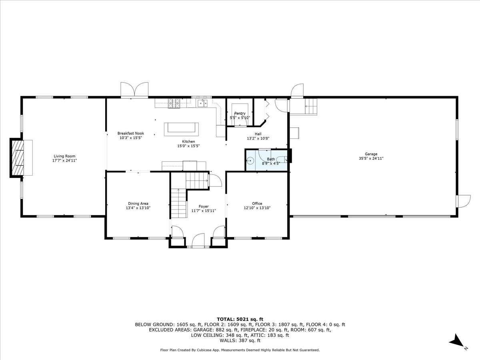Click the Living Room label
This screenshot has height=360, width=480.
pos(64,156)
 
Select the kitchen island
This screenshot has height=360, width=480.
pos(181,129)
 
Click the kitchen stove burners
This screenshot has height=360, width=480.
pos(174,103)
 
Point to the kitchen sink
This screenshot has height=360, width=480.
pos(203,103)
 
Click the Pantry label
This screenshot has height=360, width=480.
pos(240,113)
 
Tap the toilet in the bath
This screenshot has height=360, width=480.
pos(282,160)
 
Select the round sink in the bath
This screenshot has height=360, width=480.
pos(250,161)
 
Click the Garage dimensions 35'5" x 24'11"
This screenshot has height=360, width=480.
pos(371,158)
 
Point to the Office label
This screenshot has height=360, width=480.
pos(257,203)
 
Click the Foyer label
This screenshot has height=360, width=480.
pos(204,206)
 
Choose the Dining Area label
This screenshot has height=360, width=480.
pos(138,204)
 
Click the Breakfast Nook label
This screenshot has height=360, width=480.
pos(131,133)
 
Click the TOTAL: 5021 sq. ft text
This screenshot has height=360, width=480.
pos(240,319)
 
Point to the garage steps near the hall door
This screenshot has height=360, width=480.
pos(310,106)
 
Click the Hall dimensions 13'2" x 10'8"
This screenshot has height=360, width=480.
pos(258,138)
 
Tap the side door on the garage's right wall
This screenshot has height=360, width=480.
pos(463,201)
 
